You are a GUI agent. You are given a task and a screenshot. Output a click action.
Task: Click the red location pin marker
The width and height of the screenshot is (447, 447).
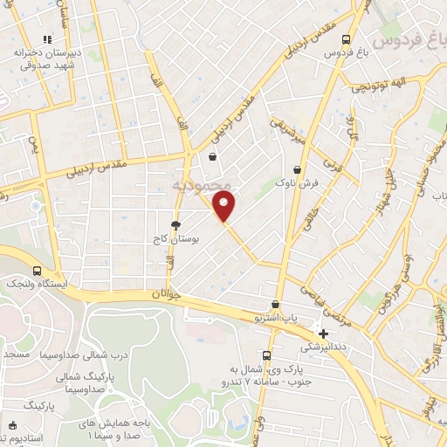[x=225, y=206]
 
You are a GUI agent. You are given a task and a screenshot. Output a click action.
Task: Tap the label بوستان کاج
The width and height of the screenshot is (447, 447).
[x=177, y=237]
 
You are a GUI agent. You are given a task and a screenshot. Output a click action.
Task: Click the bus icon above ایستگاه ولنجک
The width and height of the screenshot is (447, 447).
[x=37, y=272]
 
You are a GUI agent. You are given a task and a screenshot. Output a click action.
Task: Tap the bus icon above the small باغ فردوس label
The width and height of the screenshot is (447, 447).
[x=347, y=40]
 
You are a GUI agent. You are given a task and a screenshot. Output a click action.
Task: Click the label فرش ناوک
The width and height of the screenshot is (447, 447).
[x=299, y=183]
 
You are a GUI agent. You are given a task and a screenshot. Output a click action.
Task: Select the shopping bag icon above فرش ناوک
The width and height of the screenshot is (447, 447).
[x=299, y=169]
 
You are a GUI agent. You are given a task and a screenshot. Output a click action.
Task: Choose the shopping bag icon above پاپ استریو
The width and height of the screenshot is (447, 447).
[x=276, y=306]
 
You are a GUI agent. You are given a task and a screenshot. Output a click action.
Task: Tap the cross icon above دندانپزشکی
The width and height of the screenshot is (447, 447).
[x=324, y=333]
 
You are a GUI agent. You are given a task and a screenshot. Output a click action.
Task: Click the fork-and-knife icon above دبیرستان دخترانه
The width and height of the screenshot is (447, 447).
[x=48, y=39]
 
